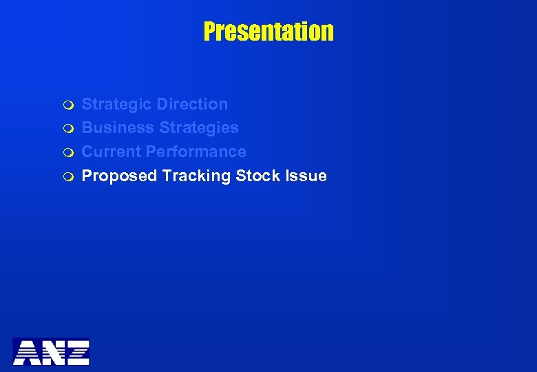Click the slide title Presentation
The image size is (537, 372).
[268, 31]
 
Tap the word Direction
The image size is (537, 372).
[192, 104]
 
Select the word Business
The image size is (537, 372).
[118, 127]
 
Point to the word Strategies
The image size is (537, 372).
[199, 127]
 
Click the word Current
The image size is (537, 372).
[112, 152]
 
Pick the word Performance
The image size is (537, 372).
[196, 152]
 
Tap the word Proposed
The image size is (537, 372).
[120, 176]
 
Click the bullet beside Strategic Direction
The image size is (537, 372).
[66, 105]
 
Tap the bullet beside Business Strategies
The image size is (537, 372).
[66, 129]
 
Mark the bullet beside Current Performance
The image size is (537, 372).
[66, 153]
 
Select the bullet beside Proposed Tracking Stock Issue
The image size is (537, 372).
[66, 177]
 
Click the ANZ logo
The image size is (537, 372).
[51, 351]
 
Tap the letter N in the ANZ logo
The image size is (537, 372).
[52, 351]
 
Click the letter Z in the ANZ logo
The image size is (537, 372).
[76, 351]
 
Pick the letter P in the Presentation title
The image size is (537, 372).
[209, 31]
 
